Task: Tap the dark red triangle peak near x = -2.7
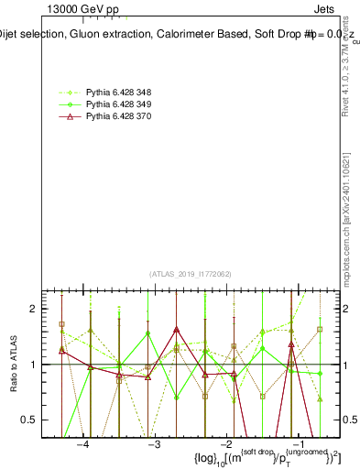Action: point(176,330)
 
